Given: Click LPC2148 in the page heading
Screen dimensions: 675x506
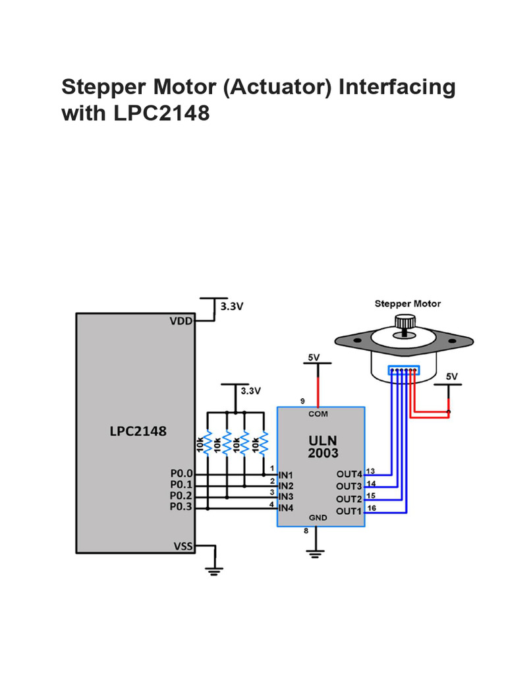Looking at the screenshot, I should coord(161,114).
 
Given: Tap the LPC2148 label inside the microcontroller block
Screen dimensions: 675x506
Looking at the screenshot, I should coord(138,432).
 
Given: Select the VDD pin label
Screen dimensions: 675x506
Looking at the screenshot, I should coord(181,321).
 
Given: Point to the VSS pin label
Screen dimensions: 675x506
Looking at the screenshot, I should coord(183,546).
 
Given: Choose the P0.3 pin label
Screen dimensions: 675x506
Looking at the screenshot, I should coord(181,507).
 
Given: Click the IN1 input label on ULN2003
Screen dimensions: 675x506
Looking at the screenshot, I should coord(287,475).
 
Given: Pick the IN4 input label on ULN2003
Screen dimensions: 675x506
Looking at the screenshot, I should coord(287,508).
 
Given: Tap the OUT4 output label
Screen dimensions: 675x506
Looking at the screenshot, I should coord(349,475).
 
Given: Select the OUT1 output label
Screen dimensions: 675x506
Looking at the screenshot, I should coord(349,512).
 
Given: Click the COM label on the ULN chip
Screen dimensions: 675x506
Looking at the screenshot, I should coord(318,414).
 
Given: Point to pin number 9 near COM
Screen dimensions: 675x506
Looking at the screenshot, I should coord(302,401).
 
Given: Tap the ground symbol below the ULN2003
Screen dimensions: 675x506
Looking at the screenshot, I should coord(317,552).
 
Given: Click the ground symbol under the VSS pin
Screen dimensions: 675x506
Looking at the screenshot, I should coord(213,570).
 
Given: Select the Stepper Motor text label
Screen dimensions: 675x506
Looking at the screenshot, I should coord(407,304).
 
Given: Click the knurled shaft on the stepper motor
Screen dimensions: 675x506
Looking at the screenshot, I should coord(403,322).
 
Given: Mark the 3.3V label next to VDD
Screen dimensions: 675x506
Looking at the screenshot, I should coord(232,307).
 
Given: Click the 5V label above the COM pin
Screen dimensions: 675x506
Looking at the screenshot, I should coord(314,357).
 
